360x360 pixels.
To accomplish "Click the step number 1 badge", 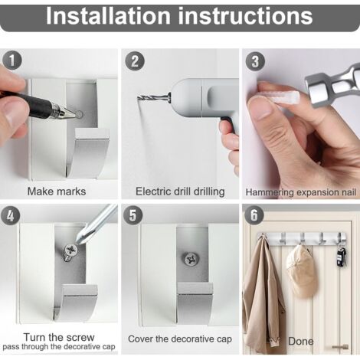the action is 12,61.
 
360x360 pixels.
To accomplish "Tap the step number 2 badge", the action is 135,61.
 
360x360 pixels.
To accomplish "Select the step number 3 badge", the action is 255,61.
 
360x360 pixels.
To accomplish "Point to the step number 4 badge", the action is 11,216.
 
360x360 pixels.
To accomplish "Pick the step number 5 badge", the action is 133,215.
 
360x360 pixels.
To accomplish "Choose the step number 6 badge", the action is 254,215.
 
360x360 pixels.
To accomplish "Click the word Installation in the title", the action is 108,16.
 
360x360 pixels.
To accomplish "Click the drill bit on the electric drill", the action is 154,98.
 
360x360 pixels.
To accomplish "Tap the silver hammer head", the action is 332,86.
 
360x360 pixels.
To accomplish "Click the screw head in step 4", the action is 71,250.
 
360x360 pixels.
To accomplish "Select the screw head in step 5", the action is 191,260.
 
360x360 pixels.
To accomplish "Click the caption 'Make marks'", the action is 57,191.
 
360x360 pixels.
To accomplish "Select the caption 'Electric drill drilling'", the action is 180,191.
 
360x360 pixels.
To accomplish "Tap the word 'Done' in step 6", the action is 300,342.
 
